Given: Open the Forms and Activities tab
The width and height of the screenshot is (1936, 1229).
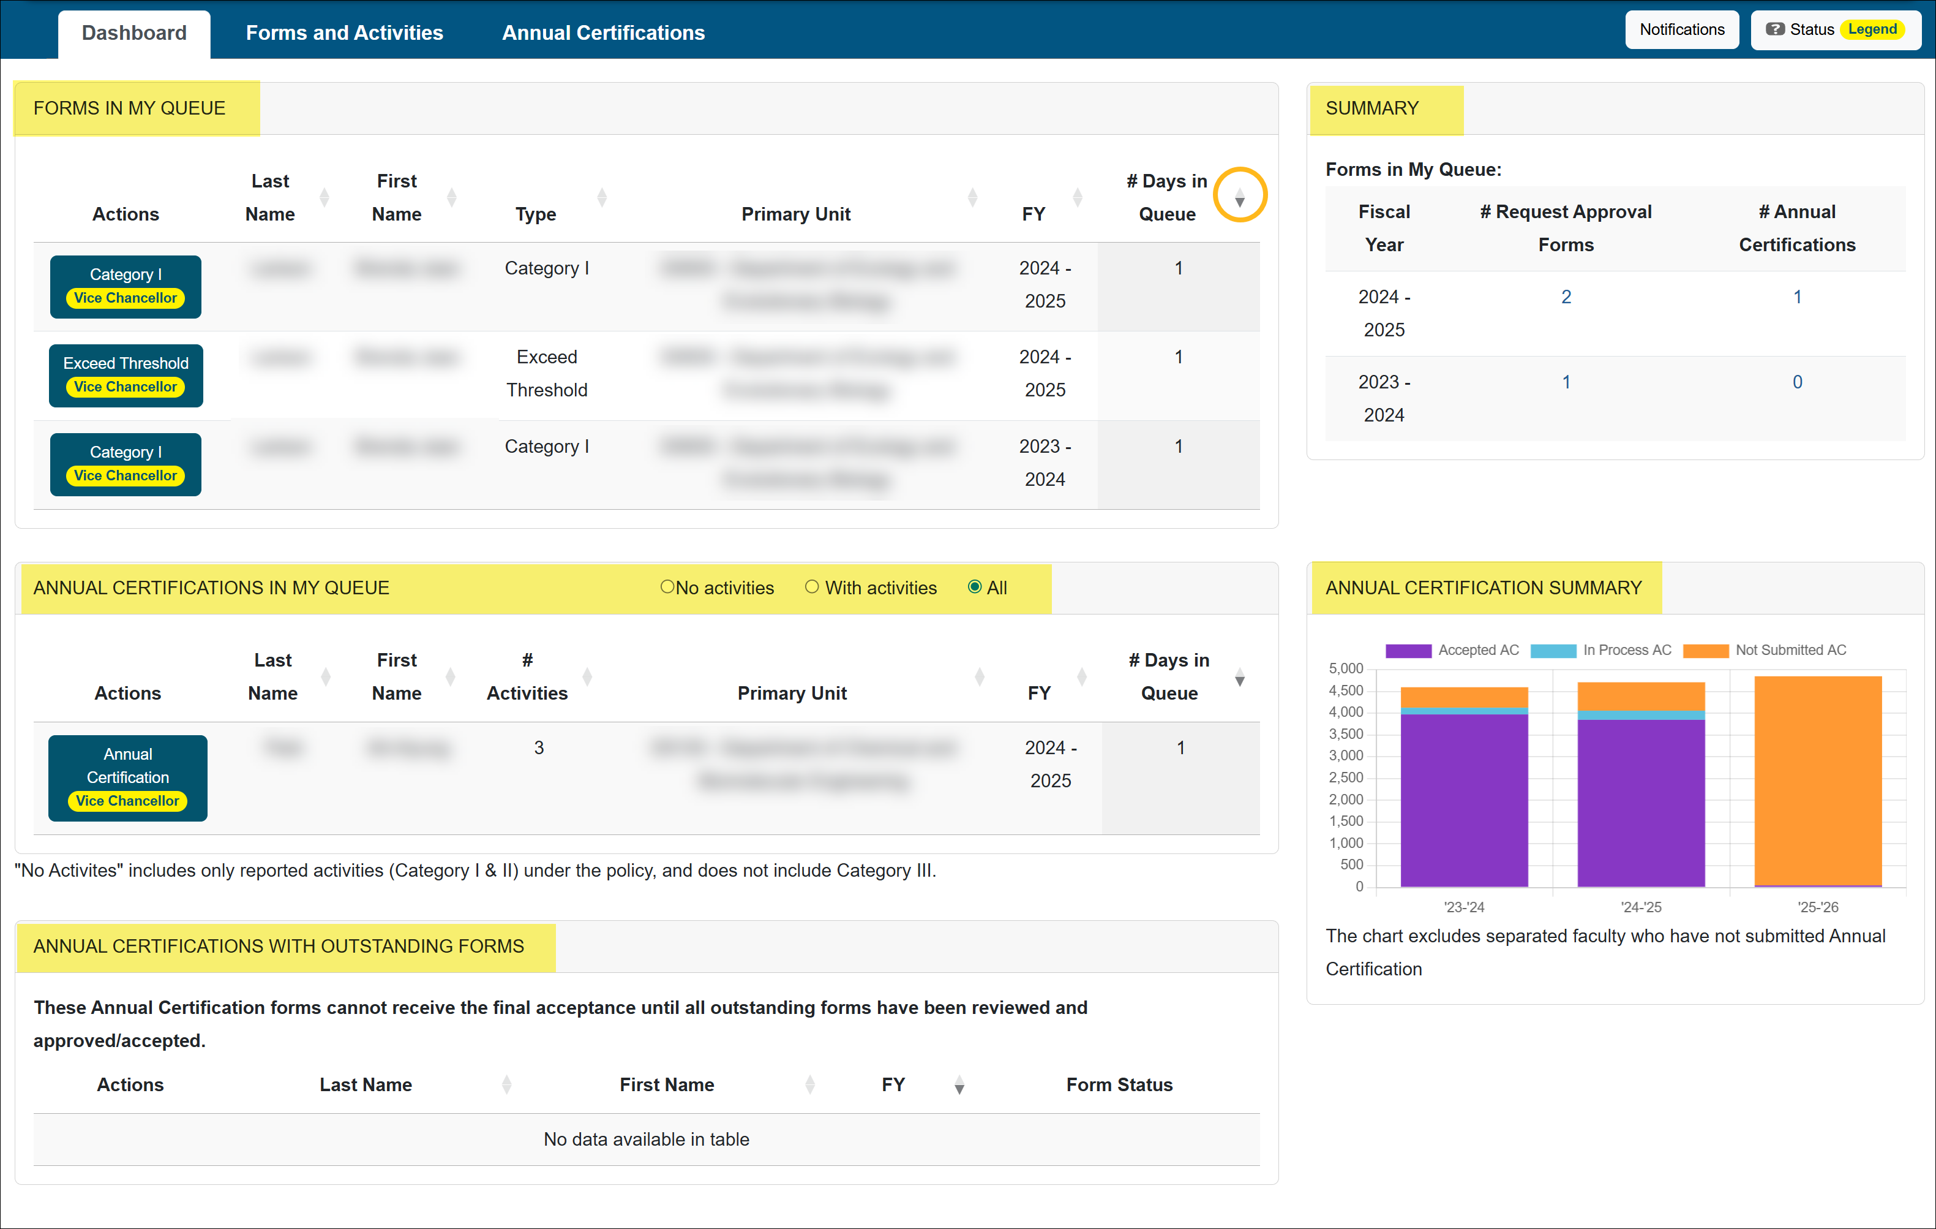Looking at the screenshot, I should tap(344, 32).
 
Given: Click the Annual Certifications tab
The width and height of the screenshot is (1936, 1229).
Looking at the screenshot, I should tap(603, 32).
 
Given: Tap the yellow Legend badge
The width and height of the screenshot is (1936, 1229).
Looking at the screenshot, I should tap(1872, 30).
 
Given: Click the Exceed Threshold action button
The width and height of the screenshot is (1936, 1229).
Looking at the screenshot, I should tap(126, 375).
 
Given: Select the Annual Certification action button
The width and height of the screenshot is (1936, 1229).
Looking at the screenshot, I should tap(128, 777).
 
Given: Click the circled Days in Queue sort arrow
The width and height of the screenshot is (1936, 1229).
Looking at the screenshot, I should tap(1240, 198).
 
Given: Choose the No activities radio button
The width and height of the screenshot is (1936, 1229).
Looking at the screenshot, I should tap(667, 587).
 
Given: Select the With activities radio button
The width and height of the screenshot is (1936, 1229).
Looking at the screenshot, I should tap(812, 587).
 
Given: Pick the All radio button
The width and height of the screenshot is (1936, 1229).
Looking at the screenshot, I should tap(975, 587).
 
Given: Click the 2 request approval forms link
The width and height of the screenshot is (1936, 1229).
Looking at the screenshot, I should tap(1566, 297).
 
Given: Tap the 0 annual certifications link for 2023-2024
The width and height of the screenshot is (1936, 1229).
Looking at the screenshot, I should tap(1797, 382).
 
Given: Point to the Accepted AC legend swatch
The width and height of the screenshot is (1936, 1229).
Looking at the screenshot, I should tap(1408, 651).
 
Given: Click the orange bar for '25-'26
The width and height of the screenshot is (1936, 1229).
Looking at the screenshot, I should tap(1818, 780).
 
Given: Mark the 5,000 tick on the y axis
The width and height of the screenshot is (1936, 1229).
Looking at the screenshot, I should tap(1346, 668).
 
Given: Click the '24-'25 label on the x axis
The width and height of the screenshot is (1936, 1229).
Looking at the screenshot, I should tap(1641, 907).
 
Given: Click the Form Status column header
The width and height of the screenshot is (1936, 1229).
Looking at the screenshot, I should tap(1119, 1085).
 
